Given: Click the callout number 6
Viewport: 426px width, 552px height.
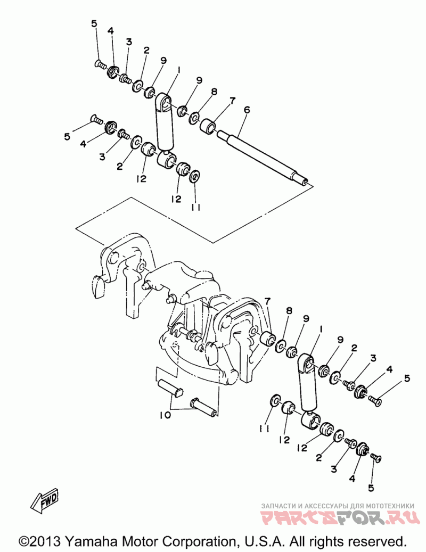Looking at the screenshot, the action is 246,109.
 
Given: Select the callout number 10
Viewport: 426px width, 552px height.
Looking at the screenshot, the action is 165,415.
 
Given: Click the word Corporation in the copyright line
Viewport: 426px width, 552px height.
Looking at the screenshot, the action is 197,541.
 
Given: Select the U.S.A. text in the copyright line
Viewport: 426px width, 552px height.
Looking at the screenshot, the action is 262,541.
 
